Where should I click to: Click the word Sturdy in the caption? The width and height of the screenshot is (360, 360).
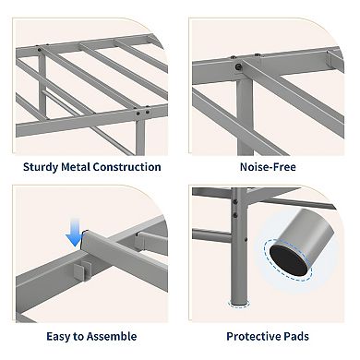(41, 167)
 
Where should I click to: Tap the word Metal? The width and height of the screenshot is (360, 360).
(76, 167)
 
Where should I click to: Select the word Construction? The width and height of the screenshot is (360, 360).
(126, 167)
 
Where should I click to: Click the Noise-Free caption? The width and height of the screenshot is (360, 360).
(268, 167)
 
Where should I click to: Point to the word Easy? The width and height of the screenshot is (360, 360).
(58, 337)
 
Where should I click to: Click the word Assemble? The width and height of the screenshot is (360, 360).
(110, 336)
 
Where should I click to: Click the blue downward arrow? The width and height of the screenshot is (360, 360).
(75, 233)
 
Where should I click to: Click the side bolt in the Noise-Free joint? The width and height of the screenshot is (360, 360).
(238, 66)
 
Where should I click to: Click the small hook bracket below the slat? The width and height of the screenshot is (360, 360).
(80, 270)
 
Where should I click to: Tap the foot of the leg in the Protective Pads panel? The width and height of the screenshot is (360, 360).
(239, 303)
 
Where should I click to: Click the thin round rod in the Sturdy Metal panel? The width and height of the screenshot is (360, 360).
(86, 122)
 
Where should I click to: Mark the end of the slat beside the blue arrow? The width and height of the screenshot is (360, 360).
(85, 239)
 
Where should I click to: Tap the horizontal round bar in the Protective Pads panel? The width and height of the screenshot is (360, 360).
(211, 235)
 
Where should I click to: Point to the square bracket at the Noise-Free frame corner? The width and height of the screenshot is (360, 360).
(335, 60)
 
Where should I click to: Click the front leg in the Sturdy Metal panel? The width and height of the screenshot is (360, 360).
(140, 136)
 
